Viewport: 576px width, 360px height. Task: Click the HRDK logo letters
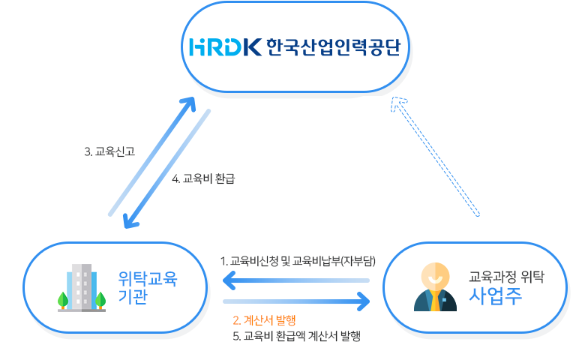(226, 47)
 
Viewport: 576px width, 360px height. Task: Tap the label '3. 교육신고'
(109, 151)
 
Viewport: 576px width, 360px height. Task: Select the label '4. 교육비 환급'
(208, 178)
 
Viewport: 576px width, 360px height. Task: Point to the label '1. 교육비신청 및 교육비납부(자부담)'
(298, 261)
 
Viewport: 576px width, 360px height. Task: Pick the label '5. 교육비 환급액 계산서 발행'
(297, 336)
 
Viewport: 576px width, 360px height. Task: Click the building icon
(82, 286)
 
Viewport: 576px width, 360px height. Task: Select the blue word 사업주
(496, 294)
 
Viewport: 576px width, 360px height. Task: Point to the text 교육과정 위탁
(506, 275)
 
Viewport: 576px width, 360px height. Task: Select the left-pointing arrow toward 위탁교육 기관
(296, 281)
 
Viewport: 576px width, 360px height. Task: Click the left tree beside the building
(64, 299)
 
